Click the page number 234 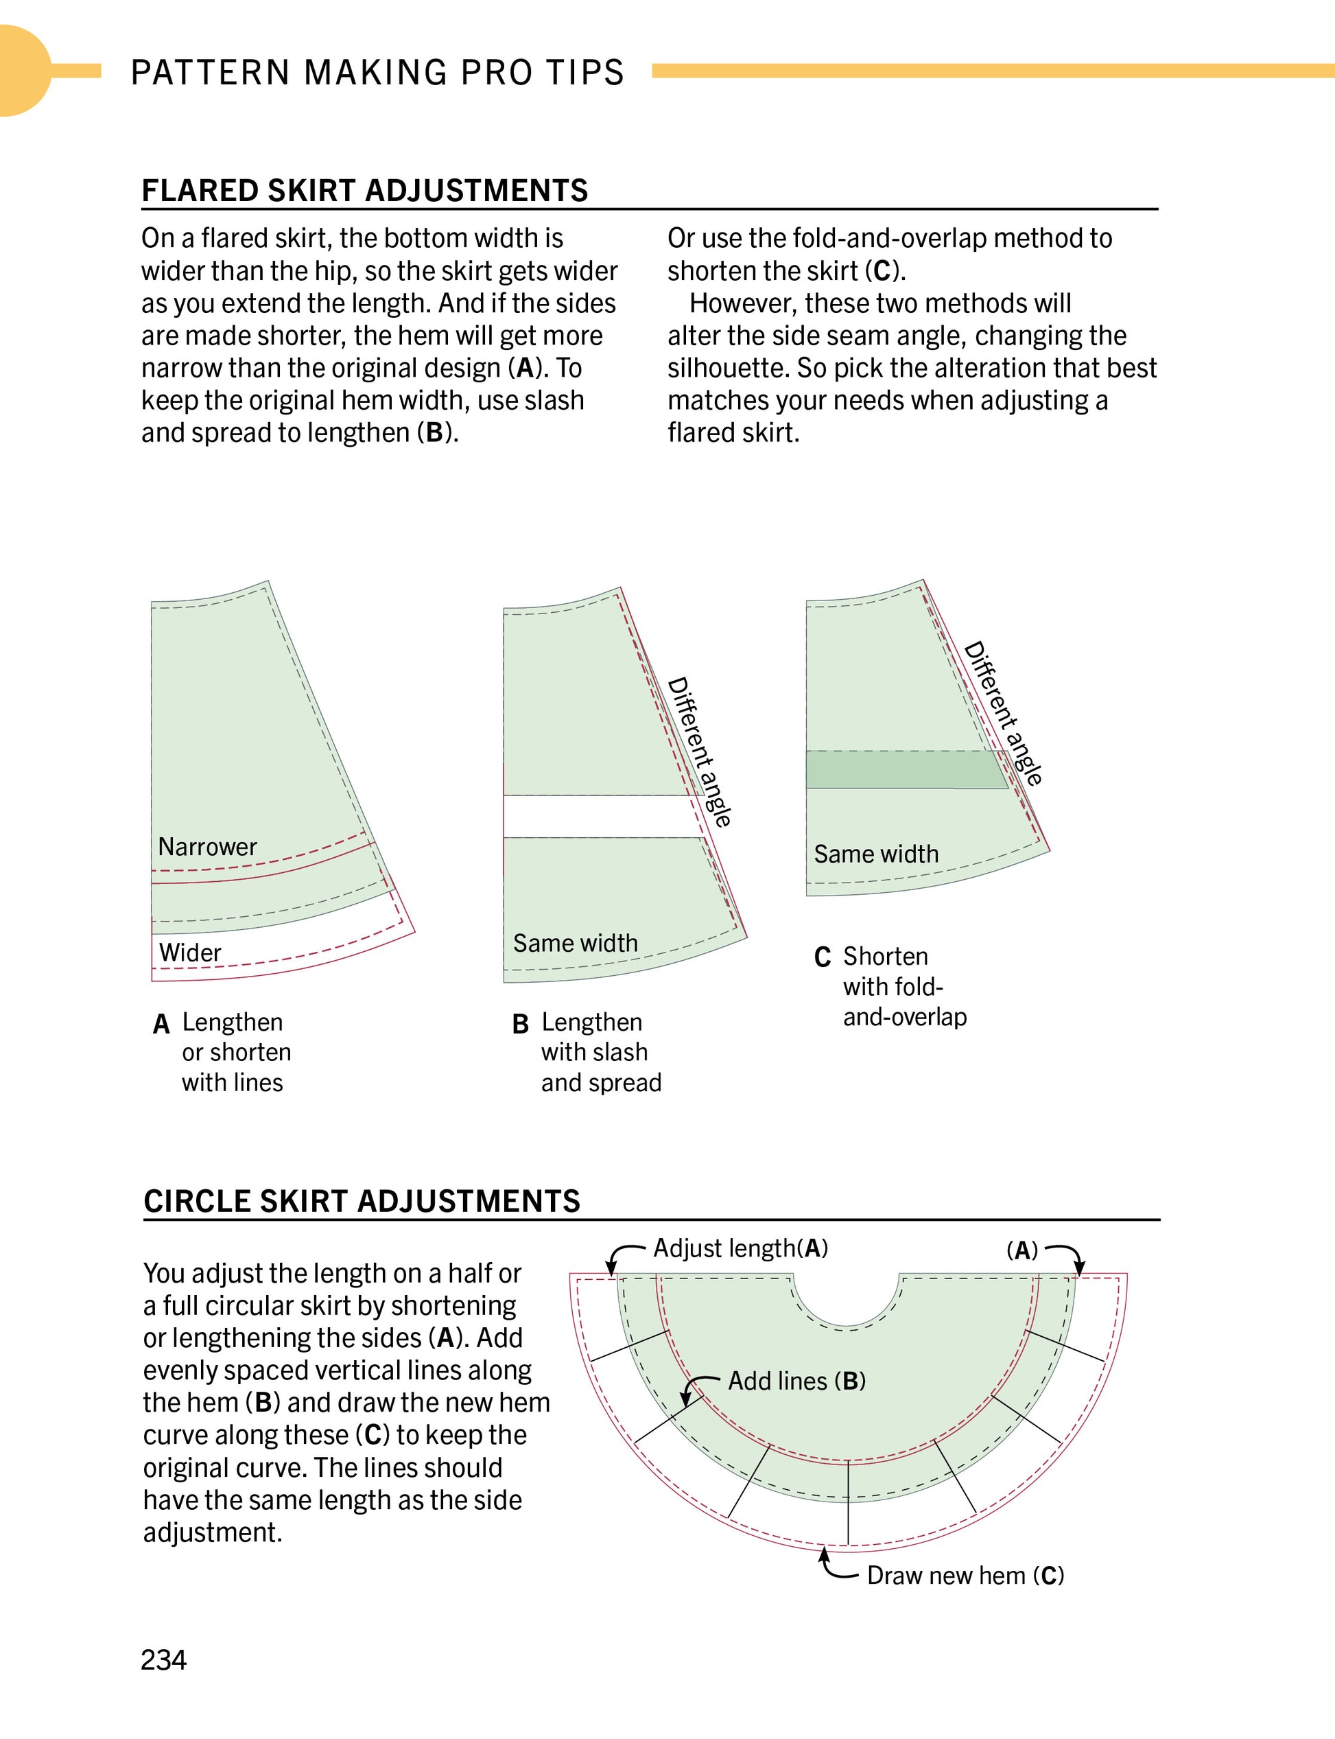click(164, 1659)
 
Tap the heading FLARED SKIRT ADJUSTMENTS click(365, 191)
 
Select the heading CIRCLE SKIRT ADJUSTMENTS click(362, 1201)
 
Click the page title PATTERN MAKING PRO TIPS click(377, 72)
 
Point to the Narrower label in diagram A click(207, 846)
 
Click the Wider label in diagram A click(190, 952)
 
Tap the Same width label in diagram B click(576, 944)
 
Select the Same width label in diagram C click(875, 854)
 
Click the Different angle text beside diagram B click(699, 751)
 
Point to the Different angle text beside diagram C click(1003, 713)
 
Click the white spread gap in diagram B click(600, 816)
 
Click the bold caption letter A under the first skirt click(161, 1025)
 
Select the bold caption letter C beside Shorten click(823, 957)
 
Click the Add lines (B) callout click(797, 1381)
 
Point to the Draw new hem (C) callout click(965, 1575)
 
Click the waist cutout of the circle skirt click(847, 1296)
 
